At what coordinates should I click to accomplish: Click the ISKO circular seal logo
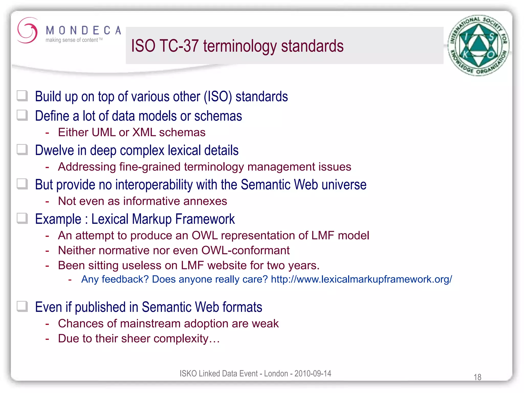[478, 46]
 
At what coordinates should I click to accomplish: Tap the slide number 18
[477, 377]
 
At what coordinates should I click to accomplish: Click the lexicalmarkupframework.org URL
[361, 279]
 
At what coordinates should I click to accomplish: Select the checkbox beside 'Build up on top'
[22, 96]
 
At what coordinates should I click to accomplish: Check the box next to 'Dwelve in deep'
[22, 150]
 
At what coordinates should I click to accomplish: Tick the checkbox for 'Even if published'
[22, 306]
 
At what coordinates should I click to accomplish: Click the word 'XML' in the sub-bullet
[144, 133]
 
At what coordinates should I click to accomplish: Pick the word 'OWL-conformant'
[245, 250]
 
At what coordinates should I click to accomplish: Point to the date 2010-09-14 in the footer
[313, 374]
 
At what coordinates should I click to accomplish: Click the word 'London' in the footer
[276, 374]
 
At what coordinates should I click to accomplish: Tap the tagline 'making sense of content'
[72, 40]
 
